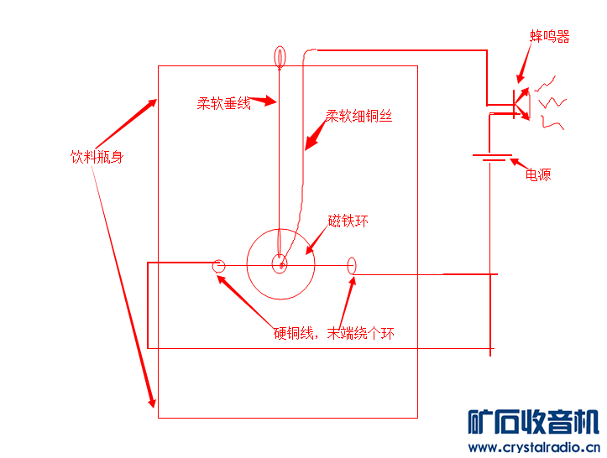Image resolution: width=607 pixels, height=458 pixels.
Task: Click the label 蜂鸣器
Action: point(549,37)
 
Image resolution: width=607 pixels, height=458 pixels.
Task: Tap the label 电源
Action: point(538,175)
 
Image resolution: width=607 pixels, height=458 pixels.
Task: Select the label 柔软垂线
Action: point(223,104)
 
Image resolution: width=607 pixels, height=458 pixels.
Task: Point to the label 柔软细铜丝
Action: point(358,117)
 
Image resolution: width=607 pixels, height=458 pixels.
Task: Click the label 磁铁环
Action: point(348,221)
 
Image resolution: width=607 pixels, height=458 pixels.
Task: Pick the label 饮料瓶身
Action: point(97,157)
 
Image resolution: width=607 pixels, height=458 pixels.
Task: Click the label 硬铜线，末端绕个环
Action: point(333,334)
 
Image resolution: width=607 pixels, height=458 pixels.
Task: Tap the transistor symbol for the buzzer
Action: point(519,104)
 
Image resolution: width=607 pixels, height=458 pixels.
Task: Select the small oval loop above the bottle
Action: point(280,57)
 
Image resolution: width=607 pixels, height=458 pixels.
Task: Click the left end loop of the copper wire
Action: point(219,267)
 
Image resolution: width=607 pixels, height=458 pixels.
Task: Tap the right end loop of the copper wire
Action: point(352,266)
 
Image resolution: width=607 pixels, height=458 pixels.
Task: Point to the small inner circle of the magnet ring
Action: point(280,265)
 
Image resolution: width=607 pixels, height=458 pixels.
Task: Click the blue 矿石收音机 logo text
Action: point(532,422)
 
